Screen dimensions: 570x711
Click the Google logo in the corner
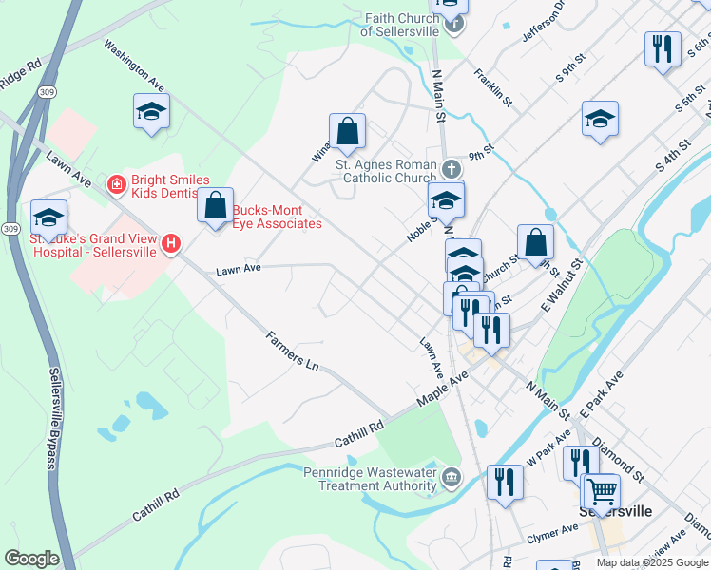click(31, 559)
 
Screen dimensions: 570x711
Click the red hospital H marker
click(171, 244)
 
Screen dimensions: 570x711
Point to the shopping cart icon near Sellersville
click(601, 492)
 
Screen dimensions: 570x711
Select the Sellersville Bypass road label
click(52, 418)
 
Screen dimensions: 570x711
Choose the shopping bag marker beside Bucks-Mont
click(216, 204)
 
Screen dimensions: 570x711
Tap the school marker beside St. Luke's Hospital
click(48, 217)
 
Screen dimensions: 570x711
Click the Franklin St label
click(494, 86)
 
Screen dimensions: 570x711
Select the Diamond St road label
click(618, 457)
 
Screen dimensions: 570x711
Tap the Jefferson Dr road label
click(544, 21)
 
